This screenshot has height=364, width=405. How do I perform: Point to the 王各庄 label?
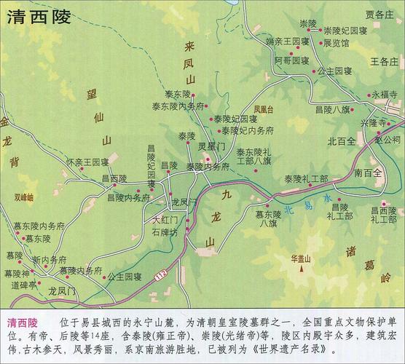pos(383,63)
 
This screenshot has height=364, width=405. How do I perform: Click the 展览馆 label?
pos(317,43)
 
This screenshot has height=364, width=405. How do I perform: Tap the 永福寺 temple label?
pos(385,95)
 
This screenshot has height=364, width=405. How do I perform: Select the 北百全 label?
pos(340,141)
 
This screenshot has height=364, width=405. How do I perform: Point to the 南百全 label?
pos(369,173)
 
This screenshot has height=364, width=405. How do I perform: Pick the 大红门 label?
pos(165,218)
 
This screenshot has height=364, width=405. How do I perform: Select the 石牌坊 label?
pos(165,233)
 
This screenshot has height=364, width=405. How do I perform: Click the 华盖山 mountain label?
pos(301,257)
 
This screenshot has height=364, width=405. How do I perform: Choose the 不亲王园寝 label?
pos(88,161)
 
